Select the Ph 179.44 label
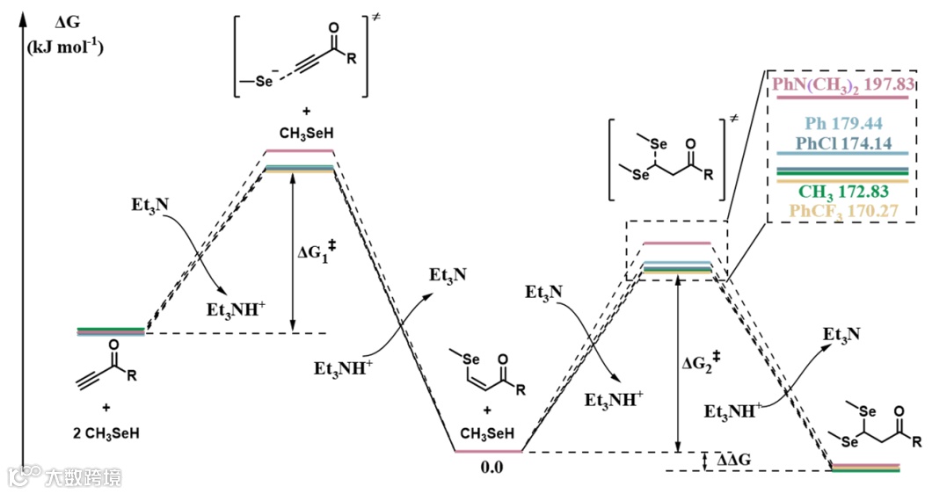pos(843,124)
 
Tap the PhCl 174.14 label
pos(843,142)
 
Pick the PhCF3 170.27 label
pos(843,211)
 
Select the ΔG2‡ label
pos(706,361)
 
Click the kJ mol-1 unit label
pos(67,46)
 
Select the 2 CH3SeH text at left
pos(106,432)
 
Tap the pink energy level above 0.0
pos(488,452)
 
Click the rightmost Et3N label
pos(841,335)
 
